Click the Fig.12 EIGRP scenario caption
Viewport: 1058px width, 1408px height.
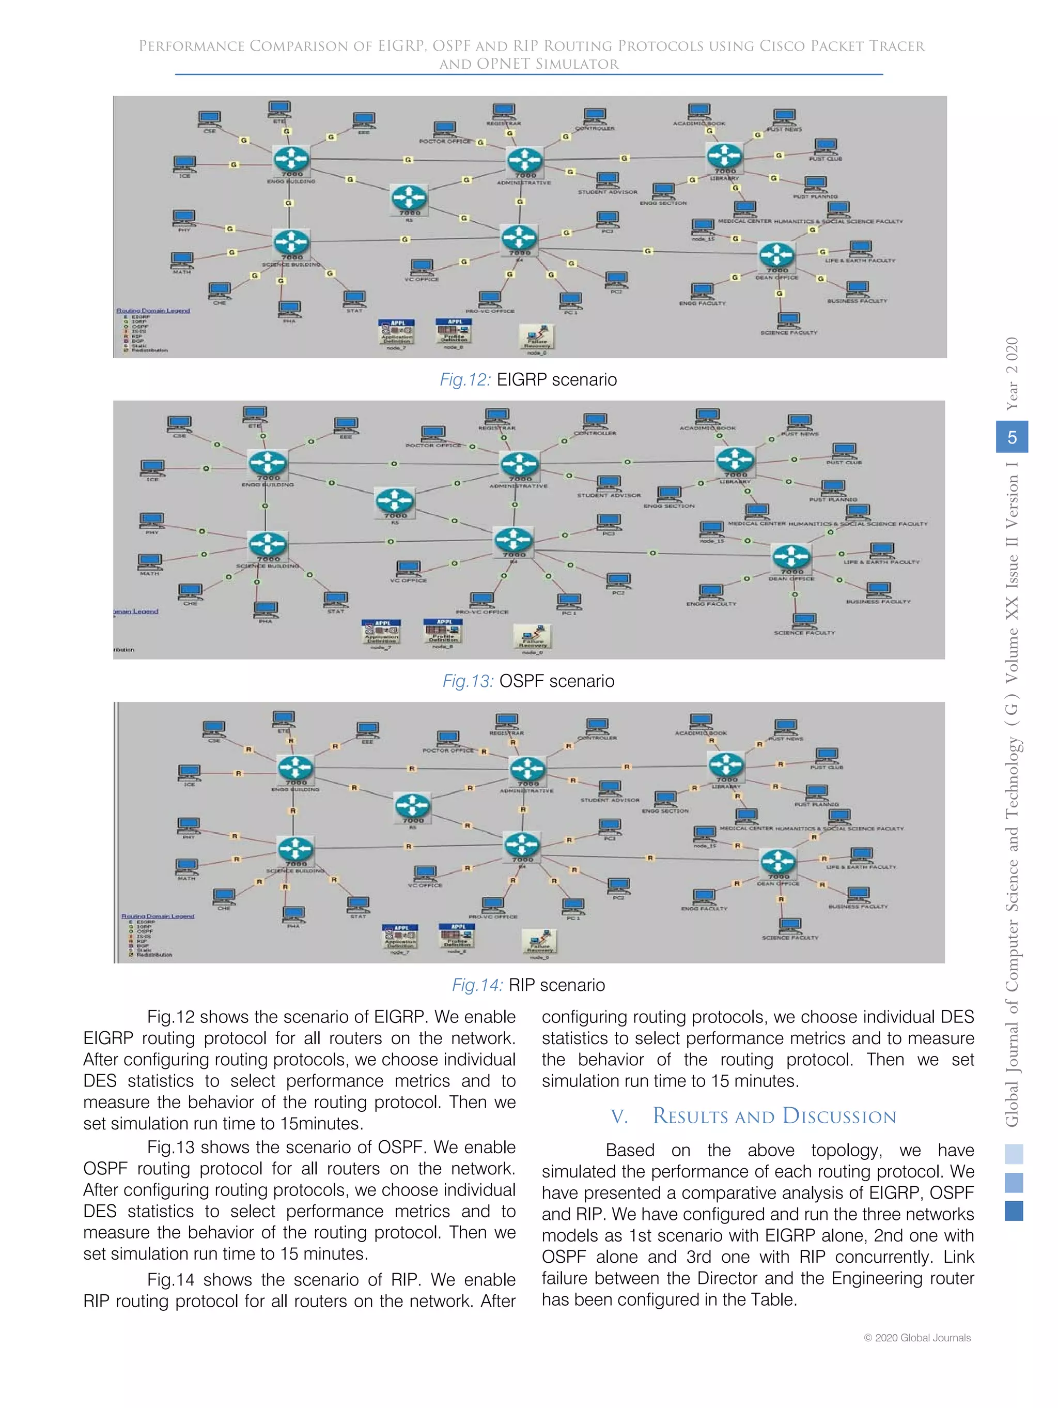528,380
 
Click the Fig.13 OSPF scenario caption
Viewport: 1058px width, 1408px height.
528,681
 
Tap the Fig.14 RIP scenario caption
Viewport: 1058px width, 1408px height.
528,985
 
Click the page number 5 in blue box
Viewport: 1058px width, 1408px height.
1011,437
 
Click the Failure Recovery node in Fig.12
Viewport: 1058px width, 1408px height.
537,336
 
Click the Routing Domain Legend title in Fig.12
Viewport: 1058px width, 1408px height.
153,311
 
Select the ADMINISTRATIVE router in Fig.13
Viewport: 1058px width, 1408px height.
519,464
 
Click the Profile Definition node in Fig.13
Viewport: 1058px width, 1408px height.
443,632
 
